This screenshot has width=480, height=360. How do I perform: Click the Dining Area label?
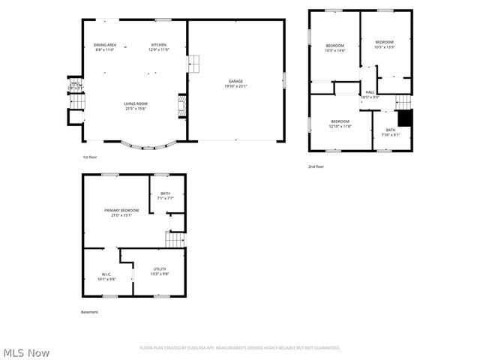(105, 45)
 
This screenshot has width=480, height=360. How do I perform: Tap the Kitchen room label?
(159, 45)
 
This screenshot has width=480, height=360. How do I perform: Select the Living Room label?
(136, 103)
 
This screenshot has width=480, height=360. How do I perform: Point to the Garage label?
(235, 81)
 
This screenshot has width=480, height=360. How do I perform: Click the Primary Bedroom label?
(121, 210)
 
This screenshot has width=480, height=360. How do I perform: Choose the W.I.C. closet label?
(106, 274)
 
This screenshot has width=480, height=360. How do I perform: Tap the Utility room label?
(160, 269)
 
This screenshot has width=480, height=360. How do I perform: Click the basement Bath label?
(166, 193)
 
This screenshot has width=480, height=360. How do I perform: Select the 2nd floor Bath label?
(391, 130)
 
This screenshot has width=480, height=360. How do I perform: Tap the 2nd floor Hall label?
(370, 91)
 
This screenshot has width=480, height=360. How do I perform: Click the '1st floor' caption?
(90, 157)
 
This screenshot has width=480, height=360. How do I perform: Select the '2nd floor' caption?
(316, 166)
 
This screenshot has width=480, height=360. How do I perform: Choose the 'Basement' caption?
(89, 312)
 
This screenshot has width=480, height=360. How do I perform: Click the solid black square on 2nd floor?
(405, 118)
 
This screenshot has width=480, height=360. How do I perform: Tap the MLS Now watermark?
(27, 352)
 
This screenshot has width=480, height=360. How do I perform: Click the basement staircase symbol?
(175, 239)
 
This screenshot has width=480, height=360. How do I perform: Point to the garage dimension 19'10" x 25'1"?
(235, 86)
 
